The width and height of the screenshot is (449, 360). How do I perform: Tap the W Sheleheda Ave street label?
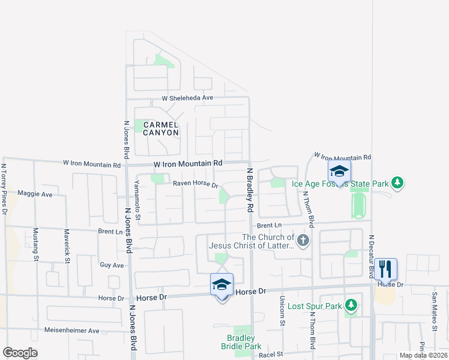(187, 98)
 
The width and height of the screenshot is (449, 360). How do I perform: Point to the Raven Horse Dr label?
(196, 185)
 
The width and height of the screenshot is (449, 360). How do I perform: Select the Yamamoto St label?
(137, 200)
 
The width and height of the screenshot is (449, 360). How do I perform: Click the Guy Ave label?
(112, 265)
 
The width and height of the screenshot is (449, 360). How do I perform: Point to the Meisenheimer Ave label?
(72, 331)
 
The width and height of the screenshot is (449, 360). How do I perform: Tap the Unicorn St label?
(282, 311)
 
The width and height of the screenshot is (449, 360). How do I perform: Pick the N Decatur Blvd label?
(372, 256)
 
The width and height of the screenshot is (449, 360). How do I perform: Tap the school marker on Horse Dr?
(221, 284)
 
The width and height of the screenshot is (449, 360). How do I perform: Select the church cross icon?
(303, 241)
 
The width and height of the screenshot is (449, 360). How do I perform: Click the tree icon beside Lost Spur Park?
(351, 306)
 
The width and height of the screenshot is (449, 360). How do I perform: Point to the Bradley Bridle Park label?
(244, 343)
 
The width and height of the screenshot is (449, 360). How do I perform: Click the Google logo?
(20, 353)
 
